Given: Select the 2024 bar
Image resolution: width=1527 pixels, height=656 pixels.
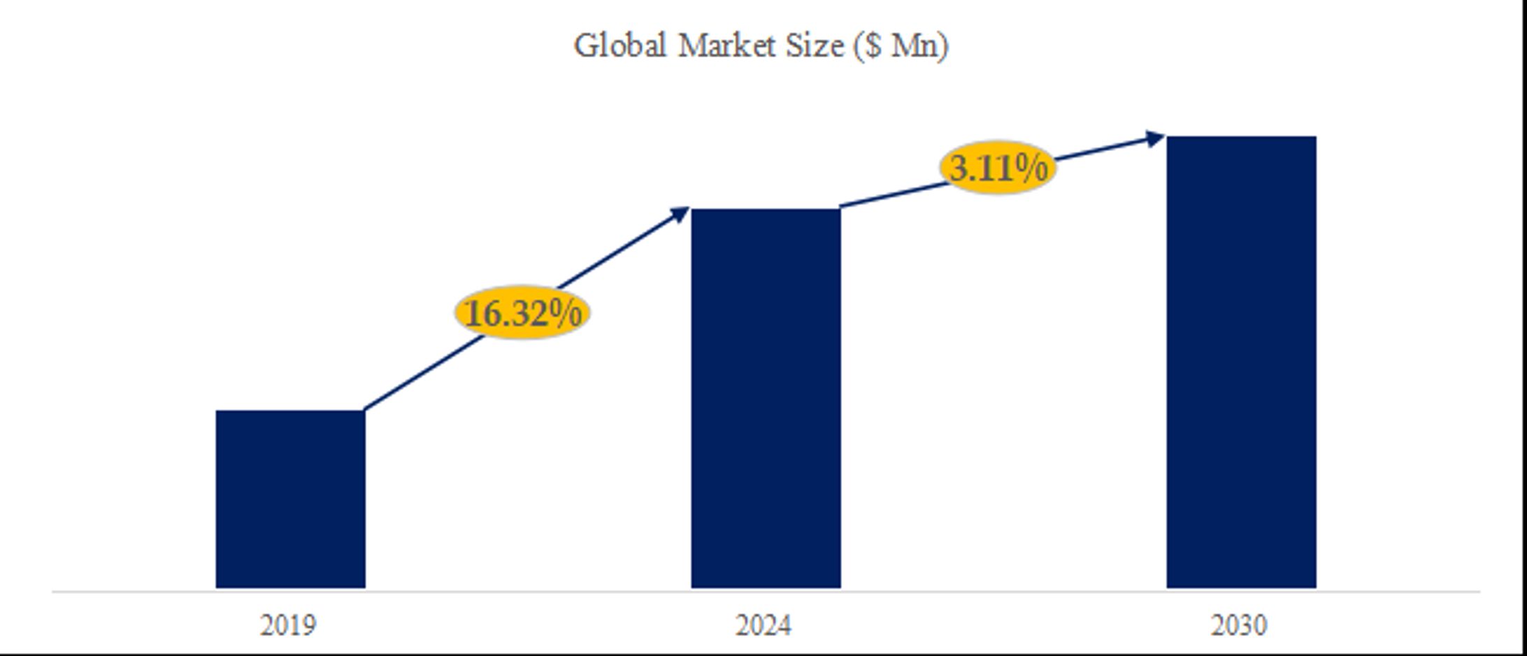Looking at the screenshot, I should [766, 398].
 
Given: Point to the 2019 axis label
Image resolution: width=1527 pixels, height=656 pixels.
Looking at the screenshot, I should [288, 625].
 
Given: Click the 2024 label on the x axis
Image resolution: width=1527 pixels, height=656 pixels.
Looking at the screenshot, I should [763, 625].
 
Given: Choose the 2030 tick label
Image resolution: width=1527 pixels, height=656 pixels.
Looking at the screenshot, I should [1239, 625].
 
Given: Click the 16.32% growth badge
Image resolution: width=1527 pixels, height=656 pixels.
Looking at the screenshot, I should [522, 312].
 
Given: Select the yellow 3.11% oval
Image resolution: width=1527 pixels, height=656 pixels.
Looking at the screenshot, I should [998, 168].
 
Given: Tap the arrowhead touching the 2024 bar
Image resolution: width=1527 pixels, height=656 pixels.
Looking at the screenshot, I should [680, 213].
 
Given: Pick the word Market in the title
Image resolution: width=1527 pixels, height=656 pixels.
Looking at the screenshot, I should [726, 46].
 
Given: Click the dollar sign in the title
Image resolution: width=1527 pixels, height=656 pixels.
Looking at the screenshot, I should [872, 46].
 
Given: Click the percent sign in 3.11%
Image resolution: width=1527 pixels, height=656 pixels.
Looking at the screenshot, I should [1033, 168].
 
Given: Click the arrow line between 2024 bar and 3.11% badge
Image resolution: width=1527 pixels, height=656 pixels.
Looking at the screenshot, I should [891, 195].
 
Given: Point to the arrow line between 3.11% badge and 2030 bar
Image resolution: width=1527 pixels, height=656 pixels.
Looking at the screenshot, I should [1101, 150].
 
